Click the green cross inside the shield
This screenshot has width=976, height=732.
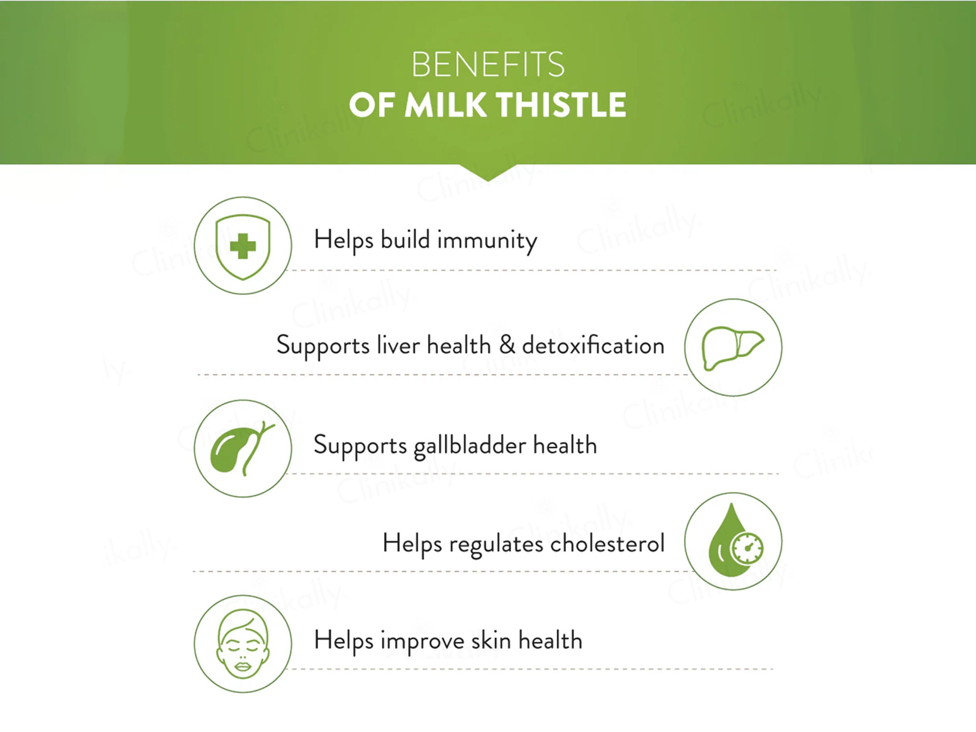point(243,246)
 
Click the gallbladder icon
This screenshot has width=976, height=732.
point(242,448)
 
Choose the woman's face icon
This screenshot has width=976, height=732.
point(243,644)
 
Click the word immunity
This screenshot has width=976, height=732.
point(487,241)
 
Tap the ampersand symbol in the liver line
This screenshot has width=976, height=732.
point(507,345)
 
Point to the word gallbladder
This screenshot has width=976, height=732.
point(470,446)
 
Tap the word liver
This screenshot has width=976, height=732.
point(398,345)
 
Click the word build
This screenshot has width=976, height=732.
point(405,240)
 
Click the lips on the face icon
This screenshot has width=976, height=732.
point(242,666)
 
